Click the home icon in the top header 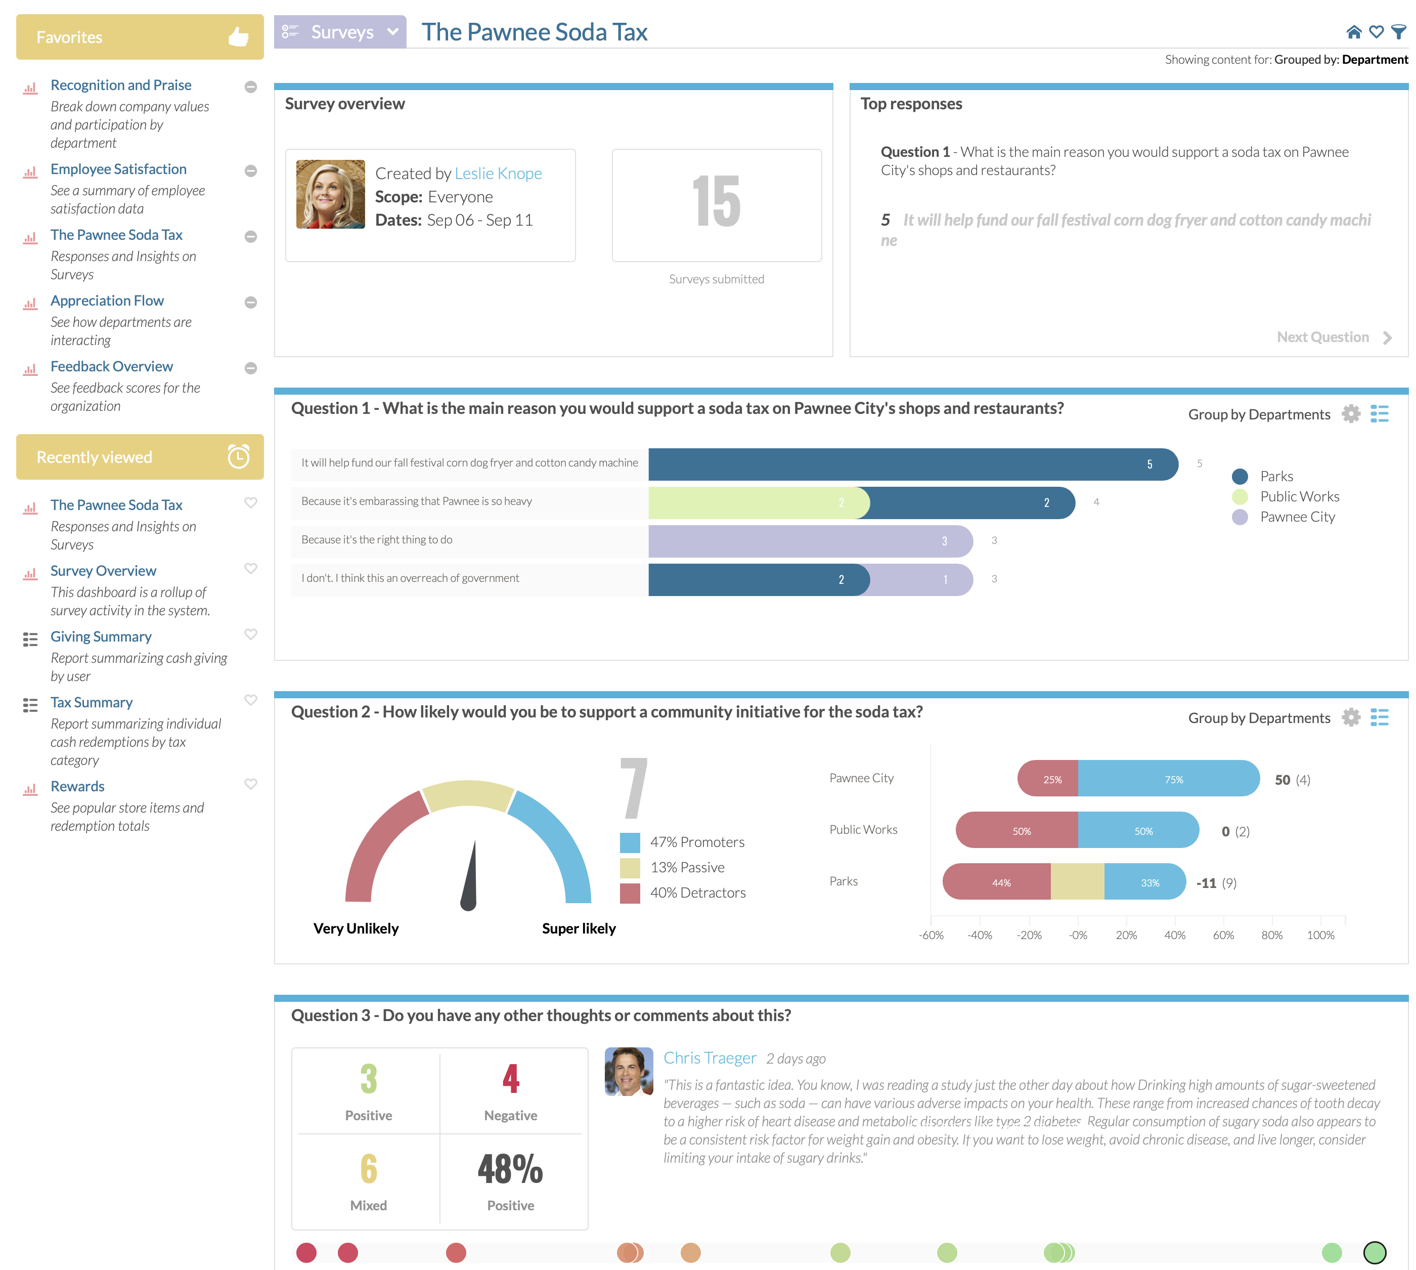[1353, 32]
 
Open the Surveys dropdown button [340, 32]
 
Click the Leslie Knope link [498, 173]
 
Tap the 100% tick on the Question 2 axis [1320, 935]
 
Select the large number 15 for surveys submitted [717, 202]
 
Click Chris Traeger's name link [710, 1058]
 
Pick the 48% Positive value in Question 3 [510, 1169]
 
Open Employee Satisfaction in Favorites [118, 170]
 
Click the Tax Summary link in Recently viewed [92, 703]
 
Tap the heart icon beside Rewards [251, 784]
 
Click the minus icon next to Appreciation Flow [251, 302]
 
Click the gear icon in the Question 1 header [1351, 414]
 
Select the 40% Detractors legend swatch [630, 893]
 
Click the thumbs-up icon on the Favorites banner [239, 36]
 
